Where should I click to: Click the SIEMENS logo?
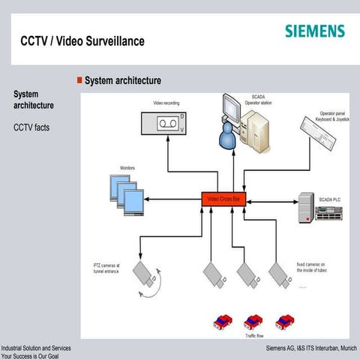[x=315, y=31]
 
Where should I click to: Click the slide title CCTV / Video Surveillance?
[x=82, y=40]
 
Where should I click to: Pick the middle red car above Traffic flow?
[x=251, y=322]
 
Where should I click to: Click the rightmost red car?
[x=283, y=322]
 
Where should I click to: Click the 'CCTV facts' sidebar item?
[x=31, y=128]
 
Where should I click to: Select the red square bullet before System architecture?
[x=79, y=79]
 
